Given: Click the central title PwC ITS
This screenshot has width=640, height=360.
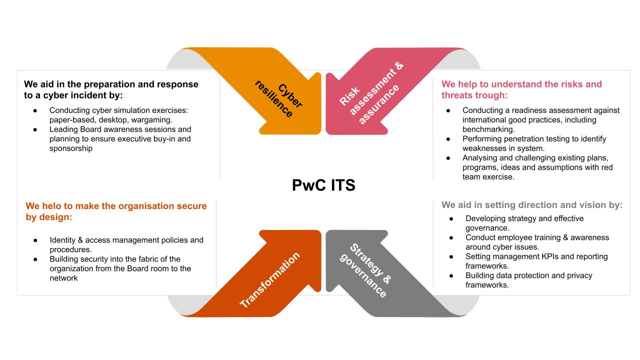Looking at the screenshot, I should (x=323, y=185).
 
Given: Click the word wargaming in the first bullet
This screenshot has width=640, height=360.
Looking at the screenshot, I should (x=151, y=119).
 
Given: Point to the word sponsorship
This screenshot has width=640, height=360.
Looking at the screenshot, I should (x=71, y=148).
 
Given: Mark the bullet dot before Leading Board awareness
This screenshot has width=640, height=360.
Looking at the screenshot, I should (x=35, y=129).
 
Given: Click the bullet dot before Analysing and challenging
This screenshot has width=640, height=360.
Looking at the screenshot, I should (x=448, y=158).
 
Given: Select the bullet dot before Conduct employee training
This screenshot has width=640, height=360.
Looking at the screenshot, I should (x=451, y=237).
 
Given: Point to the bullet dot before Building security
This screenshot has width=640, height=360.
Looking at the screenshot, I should (x=35, y=259).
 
